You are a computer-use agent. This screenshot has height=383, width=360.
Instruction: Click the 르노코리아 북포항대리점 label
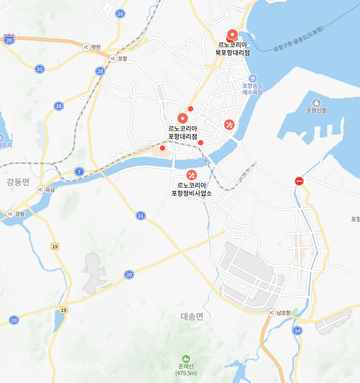coord(233,49)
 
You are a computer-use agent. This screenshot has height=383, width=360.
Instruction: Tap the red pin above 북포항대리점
coord(232,34)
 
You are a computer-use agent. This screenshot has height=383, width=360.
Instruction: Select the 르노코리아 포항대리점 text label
coord(183,132)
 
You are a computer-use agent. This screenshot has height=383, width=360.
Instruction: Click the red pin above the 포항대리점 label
coord(183,118)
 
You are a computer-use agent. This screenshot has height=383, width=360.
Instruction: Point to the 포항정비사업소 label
coord(192,189)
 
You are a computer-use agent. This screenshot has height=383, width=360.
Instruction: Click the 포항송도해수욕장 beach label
coord(253,89)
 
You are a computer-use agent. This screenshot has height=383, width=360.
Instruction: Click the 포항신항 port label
coord(316,111)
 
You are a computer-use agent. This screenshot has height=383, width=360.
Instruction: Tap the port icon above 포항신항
coord(316,102)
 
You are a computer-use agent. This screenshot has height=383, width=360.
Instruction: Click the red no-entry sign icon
coord(299,181)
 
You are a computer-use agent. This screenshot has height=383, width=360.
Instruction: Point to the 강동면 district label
coord(18,182)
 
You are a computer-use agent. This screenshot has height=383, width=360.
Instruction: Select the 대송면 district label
coord(192,317)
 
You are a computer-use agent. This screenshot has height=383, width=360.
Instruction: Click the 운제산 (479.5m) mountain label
coord(186,370)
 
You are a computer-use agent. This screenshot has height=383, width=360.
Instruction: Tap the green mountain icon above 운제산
coord(186,359)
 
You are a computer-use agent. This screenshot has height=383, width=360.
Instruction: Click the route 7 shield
coord(79,171)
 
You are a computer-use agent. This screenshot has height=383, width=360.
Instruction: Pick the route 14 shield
coord(297,330)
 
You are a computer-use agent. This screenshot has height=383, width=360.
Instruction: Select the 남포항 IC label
coord(279,313)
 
